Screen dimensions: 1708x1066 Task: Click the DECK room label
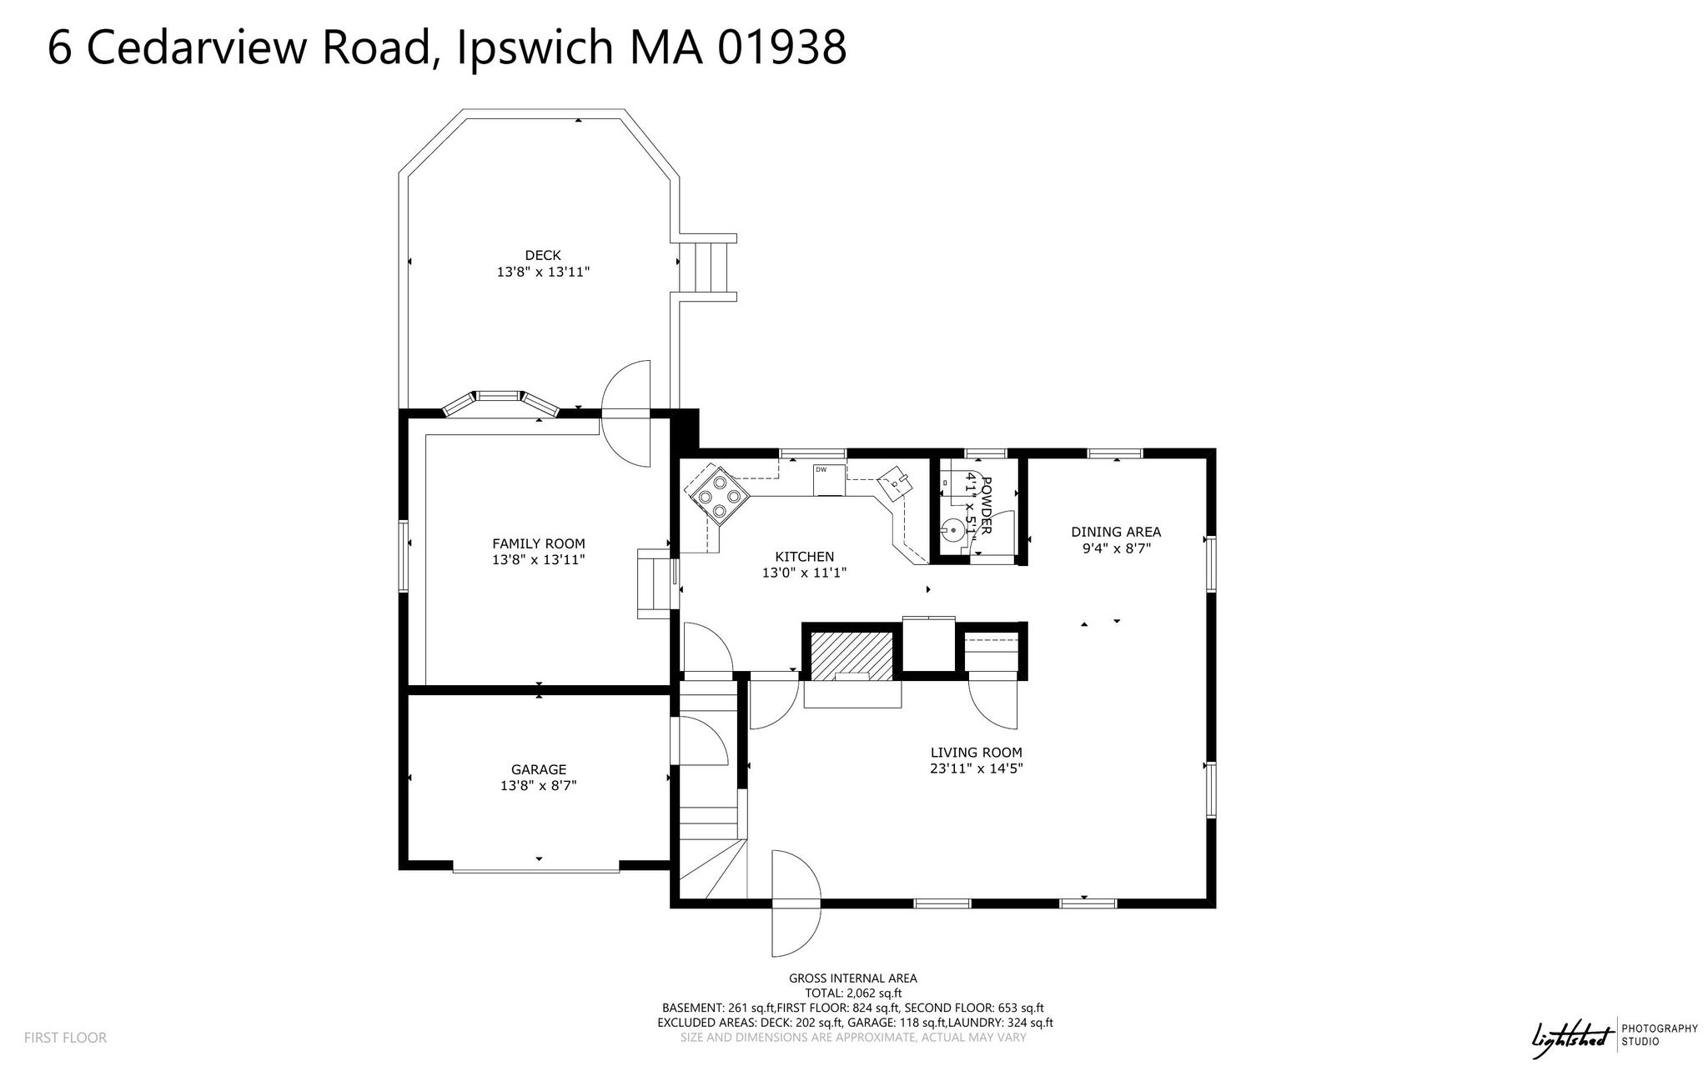pos(543,255)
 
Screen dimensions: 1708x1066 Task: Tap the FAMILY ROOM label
pos(539,543)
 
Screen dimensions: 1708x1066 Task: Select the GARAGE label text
pos(539,769)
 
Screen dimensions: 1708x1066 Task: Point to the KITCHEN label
pos(805,557)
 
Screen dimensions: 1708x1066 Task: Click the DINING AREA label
pos(1116,532)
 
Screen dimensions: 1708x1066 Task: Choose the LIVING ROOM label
pos(977,753)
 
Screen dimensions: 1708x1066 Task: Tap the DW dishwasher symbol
pos(830,479)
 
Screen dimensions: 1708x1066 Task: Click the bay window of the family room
pos(500,403)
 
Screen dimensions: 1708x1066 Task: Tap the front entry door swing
pos(796,903)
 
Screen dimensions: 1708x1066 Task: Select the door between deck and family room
pos(625,413)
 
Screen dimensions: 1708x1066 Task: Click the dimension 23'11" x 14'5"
pos(977,768)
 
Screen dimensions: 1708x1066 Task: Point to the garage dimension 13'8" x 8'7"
pos(539,785)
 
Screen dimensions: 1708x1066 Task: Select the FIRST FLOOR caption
pos(65,1038)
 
